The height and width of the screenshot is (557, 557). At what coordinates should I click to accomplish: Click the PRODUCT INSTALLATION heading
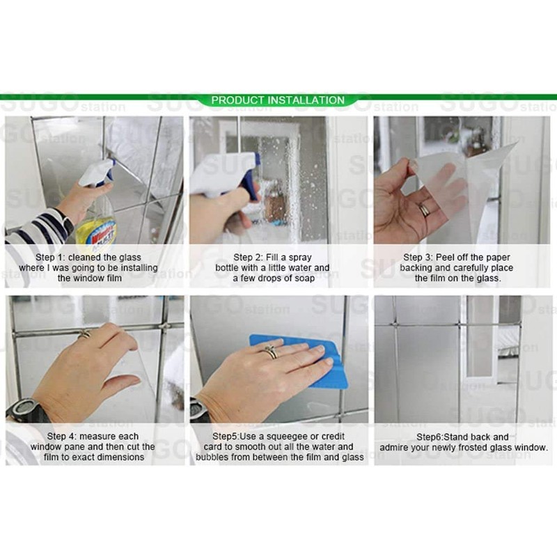pos(278,100)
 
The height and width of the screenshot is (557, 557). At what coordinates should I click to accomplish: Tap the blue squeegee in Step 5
pos(306,359)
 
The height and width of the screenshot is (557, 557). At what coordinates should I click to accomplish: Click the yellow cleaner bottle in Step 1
pos(97,226)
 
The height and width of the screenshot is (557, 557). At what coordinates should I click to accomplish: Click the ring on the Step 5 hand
pos(271,352)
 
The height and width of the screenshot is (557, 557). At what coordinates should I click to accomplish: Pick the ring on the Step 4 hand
pos(85,335)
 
